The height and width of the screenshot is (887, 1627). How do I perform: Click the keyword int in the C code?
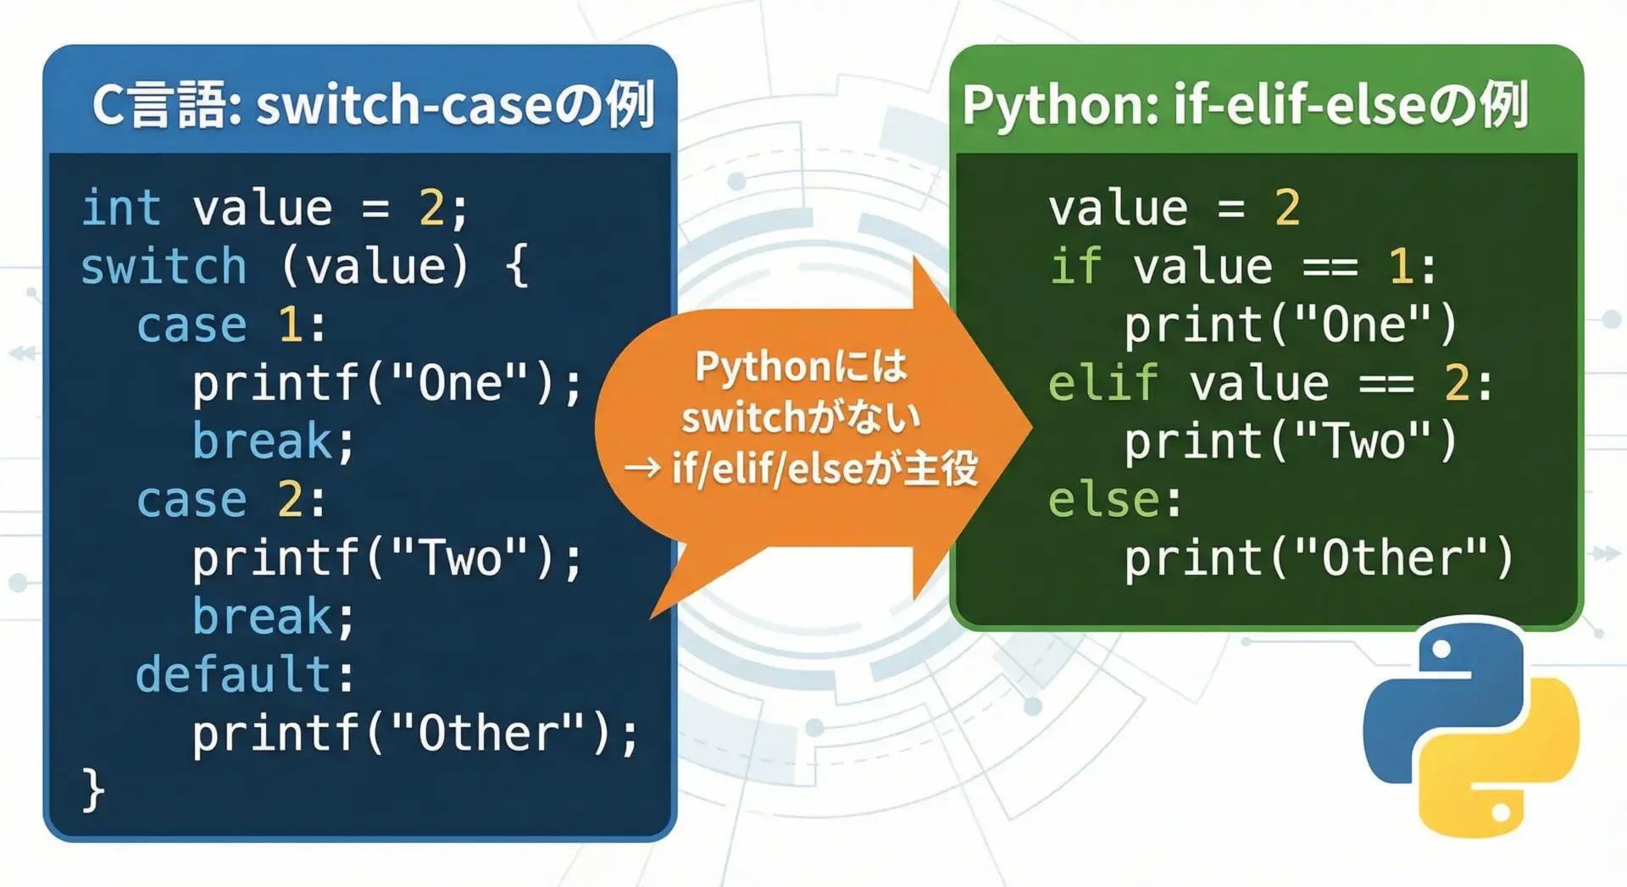pyautogui.click(x=120, y=208)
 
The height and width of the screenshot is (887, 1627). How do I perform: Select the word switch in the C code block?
pyautogui.click(x=164, y=267)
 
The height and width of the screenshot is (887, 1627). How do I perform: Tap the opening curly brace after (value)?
pyautogui.click(x=516, y=267)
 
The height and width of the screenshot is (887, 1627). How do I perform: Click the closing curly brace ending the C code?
pyautogui.click(x=92, y=790)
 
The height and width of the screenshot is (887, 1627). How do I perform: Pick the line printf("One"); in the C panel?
pyautogui.click(x=387, y=384)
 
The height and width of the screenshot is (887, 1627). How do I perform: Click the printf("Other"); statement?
pyautogui.click(x=415, y=734)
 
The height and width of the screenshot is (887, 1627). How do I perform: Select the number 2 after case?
pyautogui.click(x=290, y=500)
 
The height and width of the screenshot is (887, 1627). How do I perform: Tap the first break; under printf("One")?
pyautogui.click(x=273, y=441)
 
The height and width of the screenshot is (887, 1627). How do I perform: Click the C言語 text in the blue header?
pyautogui.click(x=166, y=106)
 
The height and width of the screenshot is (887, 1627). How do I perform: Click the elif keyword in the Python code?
pyautogui.click(x=1102, y=384)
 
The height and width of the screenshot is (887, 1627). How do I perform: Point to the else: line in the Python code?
pyautogui.click(x=1114, y=500)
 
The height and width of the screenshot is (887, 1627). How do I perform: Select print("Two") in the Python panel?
pyautogui.click(x=1290, y=441)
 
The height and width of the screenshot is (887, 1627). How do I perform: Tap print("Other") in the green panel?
pyautogui.click(x=1319, y=558)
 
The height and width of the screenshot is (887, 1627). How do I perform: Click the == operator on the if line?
pyautogui.click(x=1330, y=268)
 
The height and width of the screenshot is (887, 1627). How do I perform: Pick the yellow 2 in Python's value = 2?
pyautogui.click(x=1287, y=208)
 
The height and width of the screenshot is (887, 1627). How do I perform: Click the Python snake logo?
pyautogui.click(x=1471, y=727)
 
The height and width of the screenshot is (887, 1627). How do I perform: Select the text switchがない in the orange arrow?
pyautogui.click(x=801, y=418)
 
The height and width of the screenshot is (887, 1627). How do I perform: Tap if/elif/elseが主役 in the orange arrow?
pyautogui.click(x=825, y=468)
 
